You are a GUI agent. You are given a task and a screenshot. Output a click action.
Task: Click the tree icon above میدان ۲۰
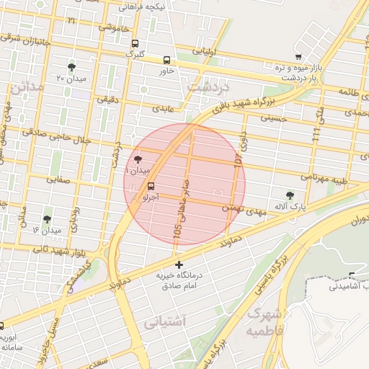tap(71, 66)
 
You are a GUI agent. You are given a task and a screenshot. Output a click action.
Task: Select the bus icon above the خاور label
tap(167, 61)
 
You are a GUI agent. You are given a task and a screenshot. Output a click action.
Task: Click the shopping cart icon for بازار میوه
tap(298, 56)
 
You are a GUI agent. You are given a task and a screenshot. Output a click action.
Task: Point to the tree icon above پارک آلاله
tap(290, 195)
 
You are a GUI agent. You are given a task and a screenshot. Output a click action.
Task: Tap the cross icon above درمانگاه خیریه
tap(179, 265)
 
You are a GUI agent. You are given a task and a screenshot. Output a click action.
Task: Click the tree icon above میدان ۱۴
tap(48, 219)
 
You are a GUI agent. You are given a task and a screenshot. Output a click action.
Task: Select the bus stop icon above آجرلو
tap(151, 186)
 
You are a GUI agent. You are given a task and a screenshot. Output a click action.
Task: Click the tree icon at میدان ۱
tap(138, 160)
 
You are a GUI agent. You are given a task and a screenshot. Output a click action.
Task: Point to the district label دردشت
tap(208, 86)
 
